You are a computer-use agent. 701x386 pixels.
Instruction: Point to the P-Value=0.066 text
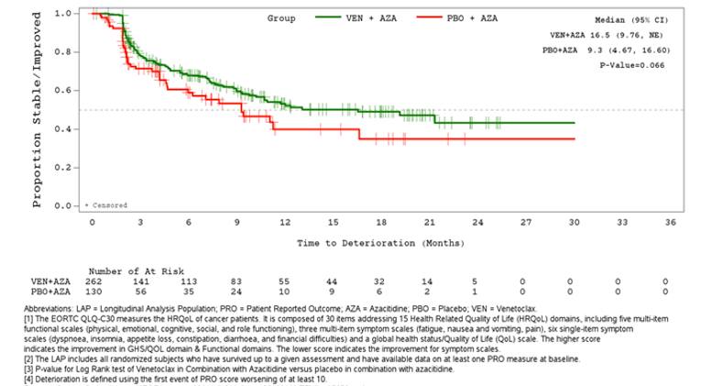pyautogui.click(x=632, y=66)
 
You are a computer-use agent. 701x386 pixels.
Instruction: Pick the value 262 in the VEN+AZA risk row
pyautogui.click(x=93, y=281)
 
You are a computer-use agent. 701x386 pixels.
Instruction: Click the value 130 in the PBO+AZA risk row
pyautogui.click(x=93, y=292)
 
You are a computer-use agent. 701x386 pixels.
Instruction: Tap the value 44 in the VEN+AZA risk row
pyautogui.click(x=333, y=281)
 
